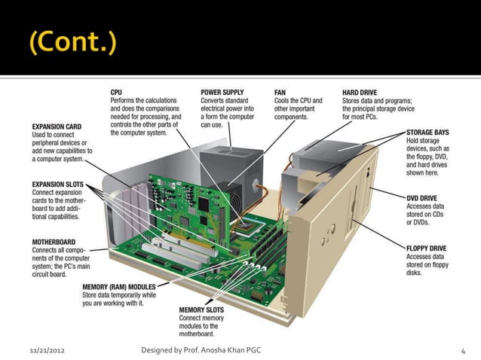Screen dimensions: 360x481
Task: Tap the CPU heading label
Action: pos(118,92)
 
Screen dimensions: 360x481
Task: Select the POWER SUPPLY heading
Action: pos(222,92)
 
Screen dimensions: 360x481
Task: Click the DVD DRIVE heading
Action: pos(422,197)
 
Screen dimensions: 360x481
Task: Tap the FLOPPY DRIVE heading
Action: pos(427,246)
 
